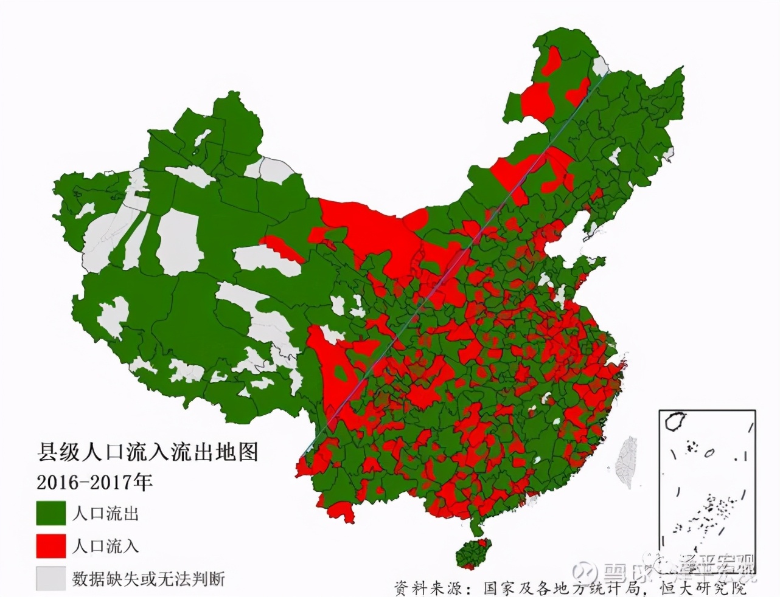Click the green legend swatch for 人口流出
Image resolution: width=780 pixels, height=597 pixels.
(50, 513)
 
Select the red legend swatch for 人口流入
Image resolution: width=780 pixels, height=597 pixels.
(50, 545)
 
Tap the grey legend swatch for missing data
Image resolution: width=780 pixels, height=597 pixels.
(50, 578)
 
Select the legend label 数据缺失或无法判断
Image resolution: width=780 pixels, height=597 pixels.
(148, 578)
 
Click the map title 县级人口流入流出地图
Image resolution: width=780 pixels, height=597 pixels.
(148, 452)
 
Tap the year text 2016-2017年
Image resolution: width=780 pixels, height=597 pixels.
(94, 482)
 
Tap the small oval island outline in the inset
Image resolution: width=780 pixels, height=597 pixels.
(709, 453)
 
